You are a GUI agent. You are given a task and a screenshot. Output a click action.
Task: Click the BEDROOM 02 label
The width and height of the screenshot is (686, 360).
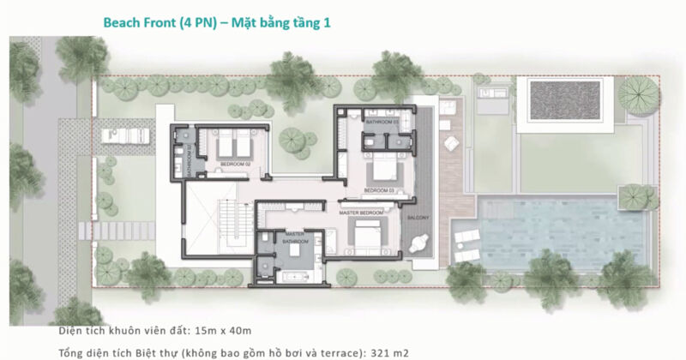[233, 163]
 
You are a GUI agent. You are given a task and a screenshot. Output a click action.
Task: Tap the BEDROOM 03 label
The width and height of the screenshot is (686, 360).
[378, 189]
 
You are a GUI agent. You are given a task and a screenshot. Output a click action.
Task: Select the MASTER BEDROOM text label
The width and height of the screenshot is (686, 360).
[360, 212]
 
